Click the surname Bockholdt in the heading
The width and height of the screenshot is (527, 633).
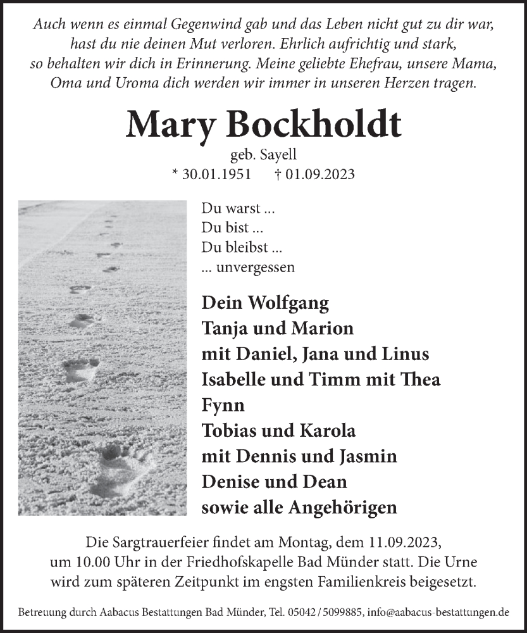coord(321,125)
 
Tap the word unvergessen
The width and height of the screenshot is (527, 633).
coord(255,267)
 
